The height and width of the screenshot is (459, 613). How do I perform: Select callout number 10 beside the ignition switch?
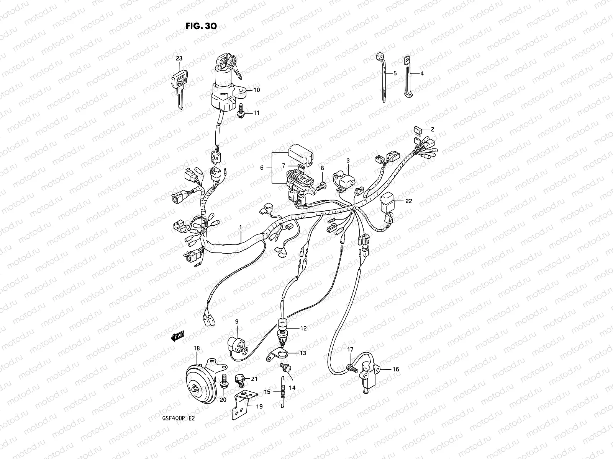256,90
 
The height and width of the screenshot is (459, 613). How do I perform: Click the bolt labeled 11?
241,109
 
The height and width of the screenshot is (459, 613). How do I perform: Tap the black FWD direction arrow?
179,336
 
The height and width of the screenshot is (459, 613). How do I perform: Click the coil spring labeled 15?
283,392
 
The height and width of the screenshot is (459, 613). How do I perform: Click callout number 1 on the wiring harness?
241,227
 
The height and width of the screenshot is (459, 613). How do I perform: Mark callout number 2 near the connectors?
432,129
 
